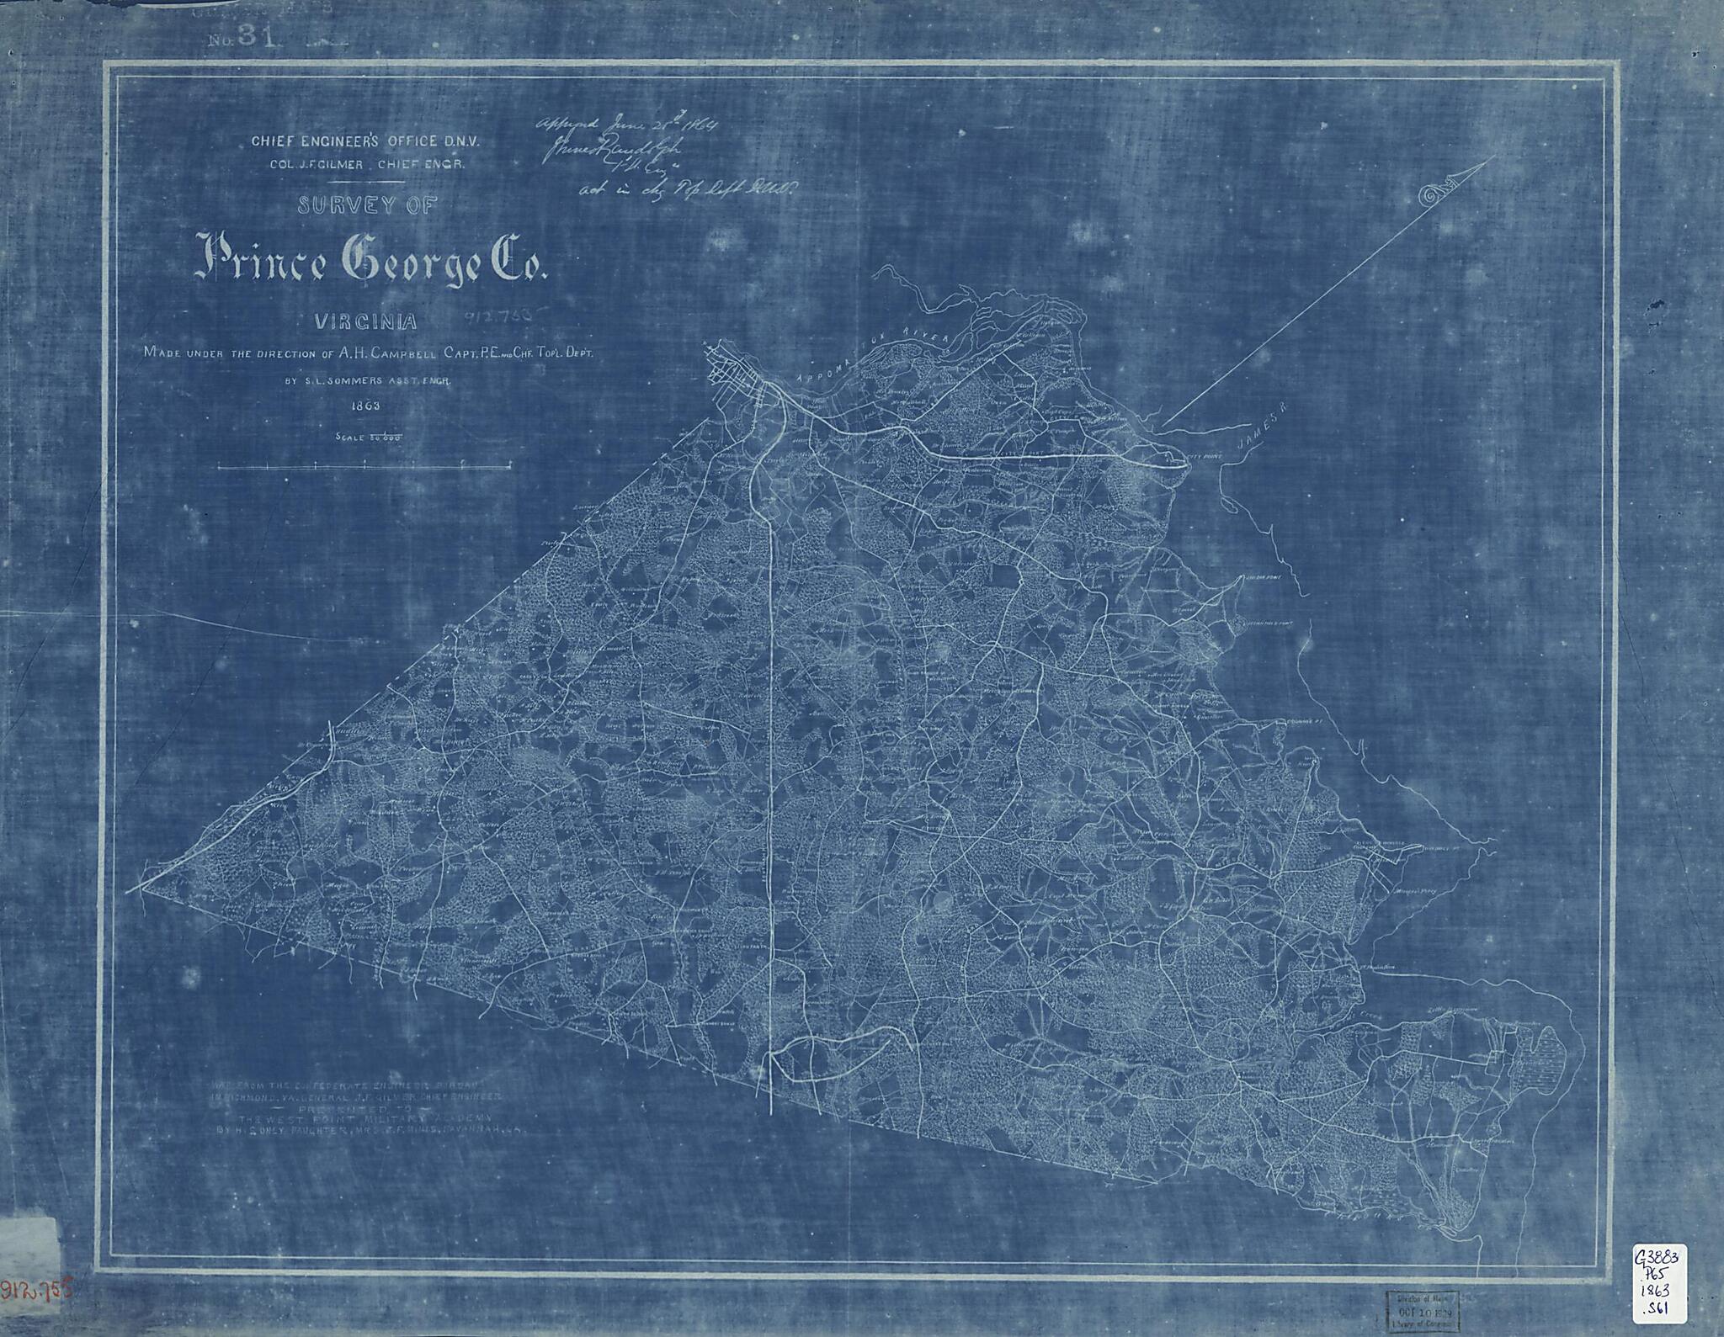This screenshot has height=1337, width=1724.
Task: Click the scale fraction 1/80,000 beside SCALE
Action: [x=380, y=437]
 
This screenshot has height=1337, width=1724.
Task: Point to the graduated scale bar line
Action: [x=364, y=465]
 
